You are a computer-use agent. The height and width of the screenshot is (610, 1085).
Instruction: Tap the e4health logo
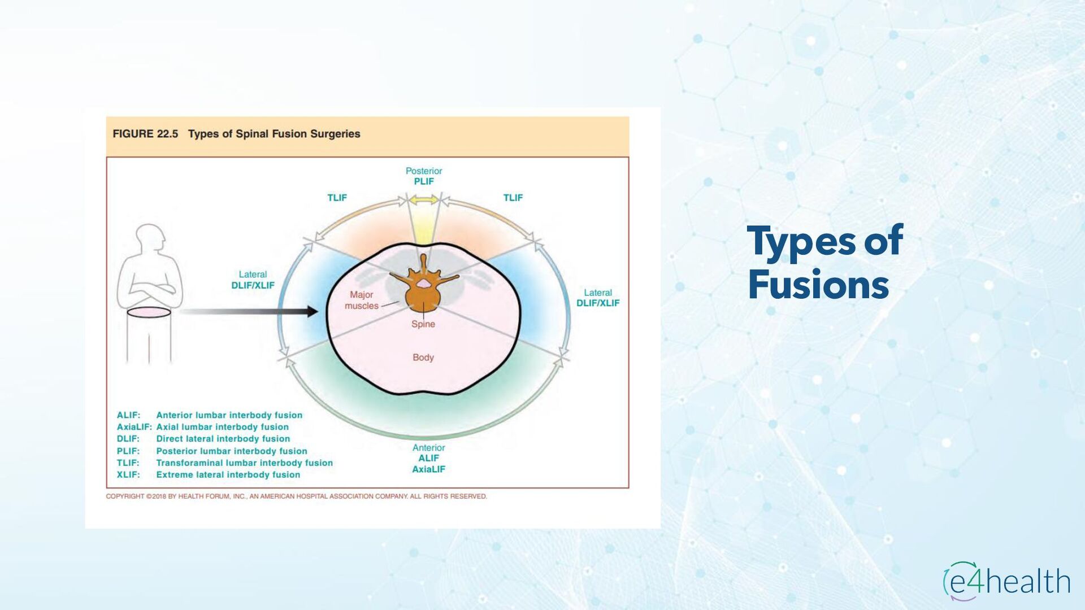[1006, 581]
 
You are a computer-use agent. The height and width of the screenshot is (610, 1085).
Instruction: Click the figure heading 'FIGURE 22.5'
[145, 134]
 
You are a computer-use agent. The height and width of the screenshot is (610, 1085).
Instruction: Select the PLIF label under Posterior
[424, 181]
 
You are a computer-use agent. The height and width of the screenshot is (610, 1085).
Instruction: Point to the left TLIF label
[337, 198]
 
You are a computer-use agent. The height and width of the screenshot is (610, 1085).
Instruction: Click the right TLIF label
[513, 198]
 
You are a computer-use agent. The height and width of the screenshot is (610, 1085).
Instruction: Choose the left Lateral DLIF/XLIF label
[253, 280]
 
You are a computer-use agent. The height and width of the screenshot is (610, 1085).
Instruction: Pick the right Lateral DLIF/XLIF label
[598, 298]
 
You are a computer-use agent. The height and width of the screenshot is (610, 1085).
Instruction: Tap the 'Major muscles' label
[362, 300]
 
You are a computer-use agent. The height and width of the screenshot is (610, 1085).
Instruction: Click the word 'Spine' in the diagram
[423, 324]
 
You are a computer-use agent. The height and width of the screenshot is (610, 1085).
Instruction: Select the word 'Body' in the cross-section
[423, 358]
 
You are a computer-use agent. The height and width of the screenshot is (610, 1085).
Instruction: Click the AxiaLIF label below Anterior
[428, 469]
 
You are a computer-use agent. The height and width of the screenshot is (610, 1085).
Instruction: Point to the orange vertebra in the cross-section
[423, 291]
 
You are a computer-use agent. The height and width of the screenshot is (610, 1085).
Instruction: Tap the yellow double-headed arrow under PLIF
[424, 200]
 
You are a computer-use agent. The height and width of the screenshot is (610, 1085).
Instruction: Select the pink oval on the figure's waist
[149, 312]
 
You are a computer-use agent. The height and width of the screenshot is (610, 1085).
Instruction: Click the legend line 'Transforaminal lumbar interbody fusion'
[244, 463]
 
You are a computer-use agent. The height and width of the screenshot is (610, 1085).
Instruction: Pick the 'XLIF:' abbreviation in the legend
[128, 475]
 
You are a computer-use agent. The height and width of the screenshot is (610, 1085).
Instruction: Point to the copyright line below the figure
[296, 496]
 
